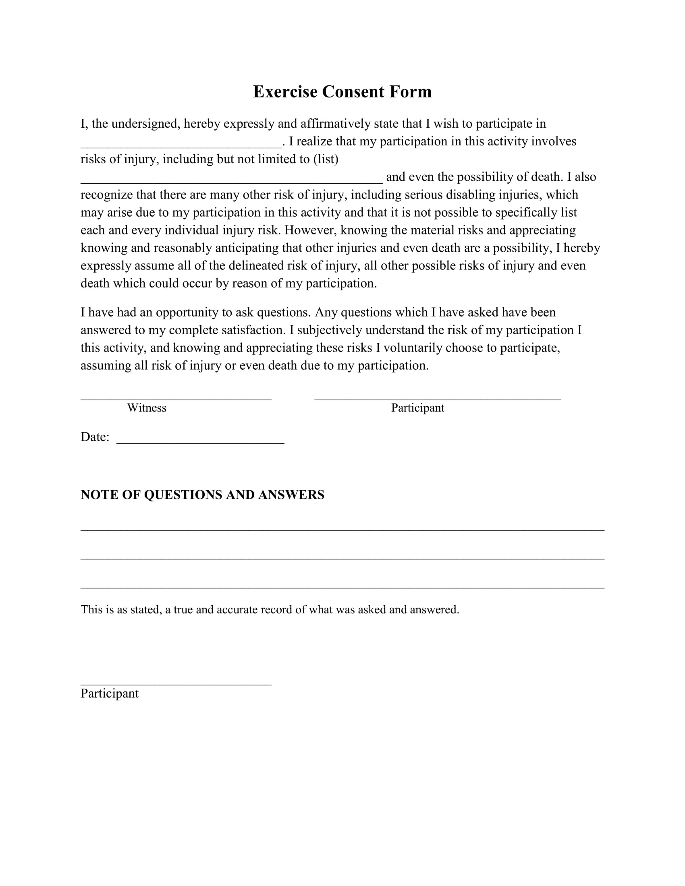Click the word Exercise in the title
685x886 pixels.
click(285, 92)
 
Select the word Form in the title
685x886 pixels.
click(410, 92)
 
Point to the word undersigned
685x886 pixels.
click(145, 124)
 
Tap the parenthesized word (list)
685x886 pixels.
click(326, 159)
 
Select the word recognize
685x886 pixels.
click(106, 195)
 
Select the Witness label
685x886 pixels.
click(147, 408)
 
